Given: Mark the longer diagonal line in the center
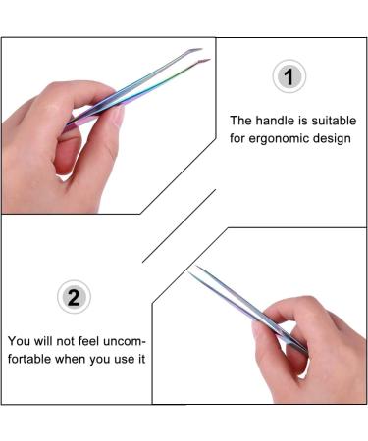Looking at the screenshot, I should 180,225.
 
